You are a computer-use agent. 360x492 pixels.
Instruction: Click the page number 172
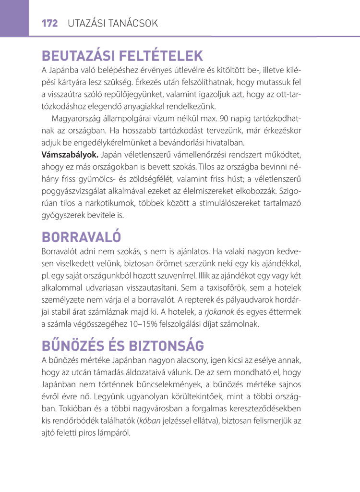pyautogui.click(x=49, y=23)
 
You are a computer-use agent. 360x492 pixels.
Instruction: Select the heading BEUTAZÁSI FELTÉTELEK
pyautogui.click(x=122, y=56)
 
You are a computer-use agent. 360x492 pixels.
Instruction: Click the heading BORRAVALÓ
pyautogui.click(x=81, y=237)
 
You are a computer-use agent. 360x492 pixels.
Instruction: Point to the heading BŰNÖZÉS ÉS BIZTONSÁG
pyautogui.click(x=122, y=345)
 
